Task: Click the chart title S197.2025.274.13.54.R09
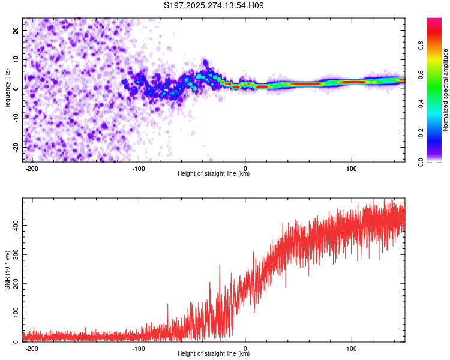[214, 6]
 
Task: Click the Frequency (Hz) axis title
[8, 89]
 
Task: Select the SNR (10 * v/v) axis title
[8, 269]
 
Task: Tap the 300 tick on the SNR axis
[15, 254]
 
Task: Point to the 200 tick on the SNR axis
[15, 284]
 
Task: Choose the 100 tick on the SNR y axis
[15, 313]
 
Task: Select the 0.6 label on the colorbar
[421, 75]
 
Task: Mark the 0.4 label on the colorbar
[421, 104]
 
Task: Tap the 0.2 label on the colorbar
[421, 133]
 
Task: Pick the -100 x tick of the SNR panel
[139, 347]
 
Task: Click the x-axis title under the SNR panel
[214, 354]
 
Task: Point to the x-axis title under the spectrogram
[214, 174]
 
